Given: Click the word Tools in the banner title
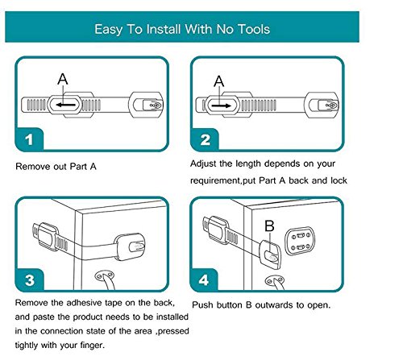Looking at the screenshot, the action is coord(254,29).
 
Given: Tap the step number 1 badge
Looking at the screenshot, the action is coord(29,139).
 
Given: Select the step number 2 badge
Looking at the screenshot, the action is coord(205,140).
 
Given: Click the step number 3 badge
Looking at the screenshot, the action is coord(30,280).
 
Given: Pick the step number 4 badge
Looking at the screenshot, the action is coord(204,280).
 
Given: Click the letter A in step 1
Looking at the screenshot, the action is coord(63,79).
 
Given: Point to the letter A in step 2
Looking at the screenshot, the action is coord(219,81).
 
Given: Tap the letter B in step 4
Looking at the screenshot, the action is coord(269,226).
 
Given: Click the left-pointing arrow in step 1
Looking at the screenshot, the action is coord(66,105).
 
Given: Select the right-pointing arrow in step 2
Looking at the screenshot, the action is coord(222,106).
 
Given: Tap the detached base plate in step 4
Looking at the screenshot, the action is coord(300,242).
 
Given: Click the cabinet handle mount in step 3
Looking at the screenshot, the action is coord(105,276).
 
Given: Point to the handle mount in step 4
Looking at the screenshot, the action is coord(275,281).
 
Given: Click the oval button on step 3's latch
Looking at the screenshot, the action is coord(137,246).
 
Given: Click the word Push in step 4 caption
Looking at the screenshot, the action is coord(203,305).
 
